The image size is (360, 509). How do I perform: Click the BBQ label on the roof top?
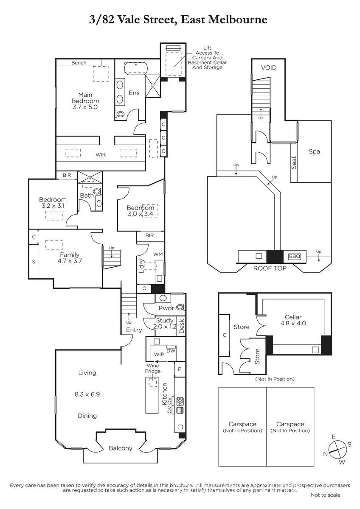[295, 256]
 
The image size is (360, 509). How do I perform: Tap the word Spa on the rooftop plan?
[314, 151]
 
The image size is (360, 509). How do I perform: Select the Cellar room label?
[293, 317]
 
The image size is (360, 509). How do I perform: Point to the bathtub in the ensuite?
[136, 67]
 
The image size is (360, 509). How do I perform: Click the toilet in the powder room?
[180, 308]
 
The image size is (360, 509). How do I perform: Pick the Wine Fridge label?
[153, 368]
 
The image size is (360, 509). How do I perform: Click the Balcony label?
[120, 448]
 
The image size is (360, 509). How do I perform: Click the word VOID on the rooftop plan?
[269, 68]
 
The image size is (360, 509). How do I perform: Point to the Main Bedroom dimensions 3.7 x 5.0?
[85, 107]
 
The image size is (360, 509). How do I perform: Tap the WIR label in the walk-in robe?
[101, 155]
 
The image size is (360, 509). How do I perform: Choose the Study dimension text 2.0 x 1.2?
[165, 327]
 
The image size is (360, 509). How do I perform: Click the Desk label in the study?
[181, 326]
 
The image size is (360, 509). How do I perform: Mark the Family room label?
[70, 255]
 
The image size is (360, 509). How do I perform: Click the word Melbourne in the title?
[238, 20]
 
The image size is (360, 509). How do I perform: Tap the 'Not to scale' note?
[326, 495]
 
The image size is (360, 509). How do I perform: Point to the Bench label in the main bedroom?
[79, 63]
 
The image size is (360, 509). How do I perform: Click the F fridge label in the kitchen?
[180, 369]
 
